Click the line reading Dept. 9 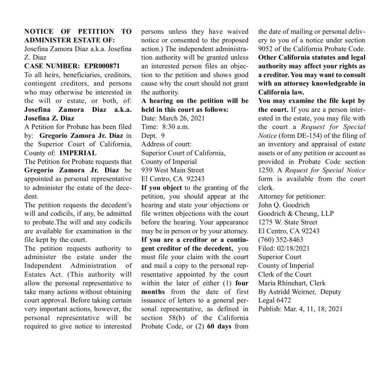(x=154, y=135)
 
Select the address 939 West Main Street (x=173, y=170)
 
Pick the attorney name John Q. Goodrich (x=283, y=205)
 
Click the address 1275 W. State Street (x=288, y=222)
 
